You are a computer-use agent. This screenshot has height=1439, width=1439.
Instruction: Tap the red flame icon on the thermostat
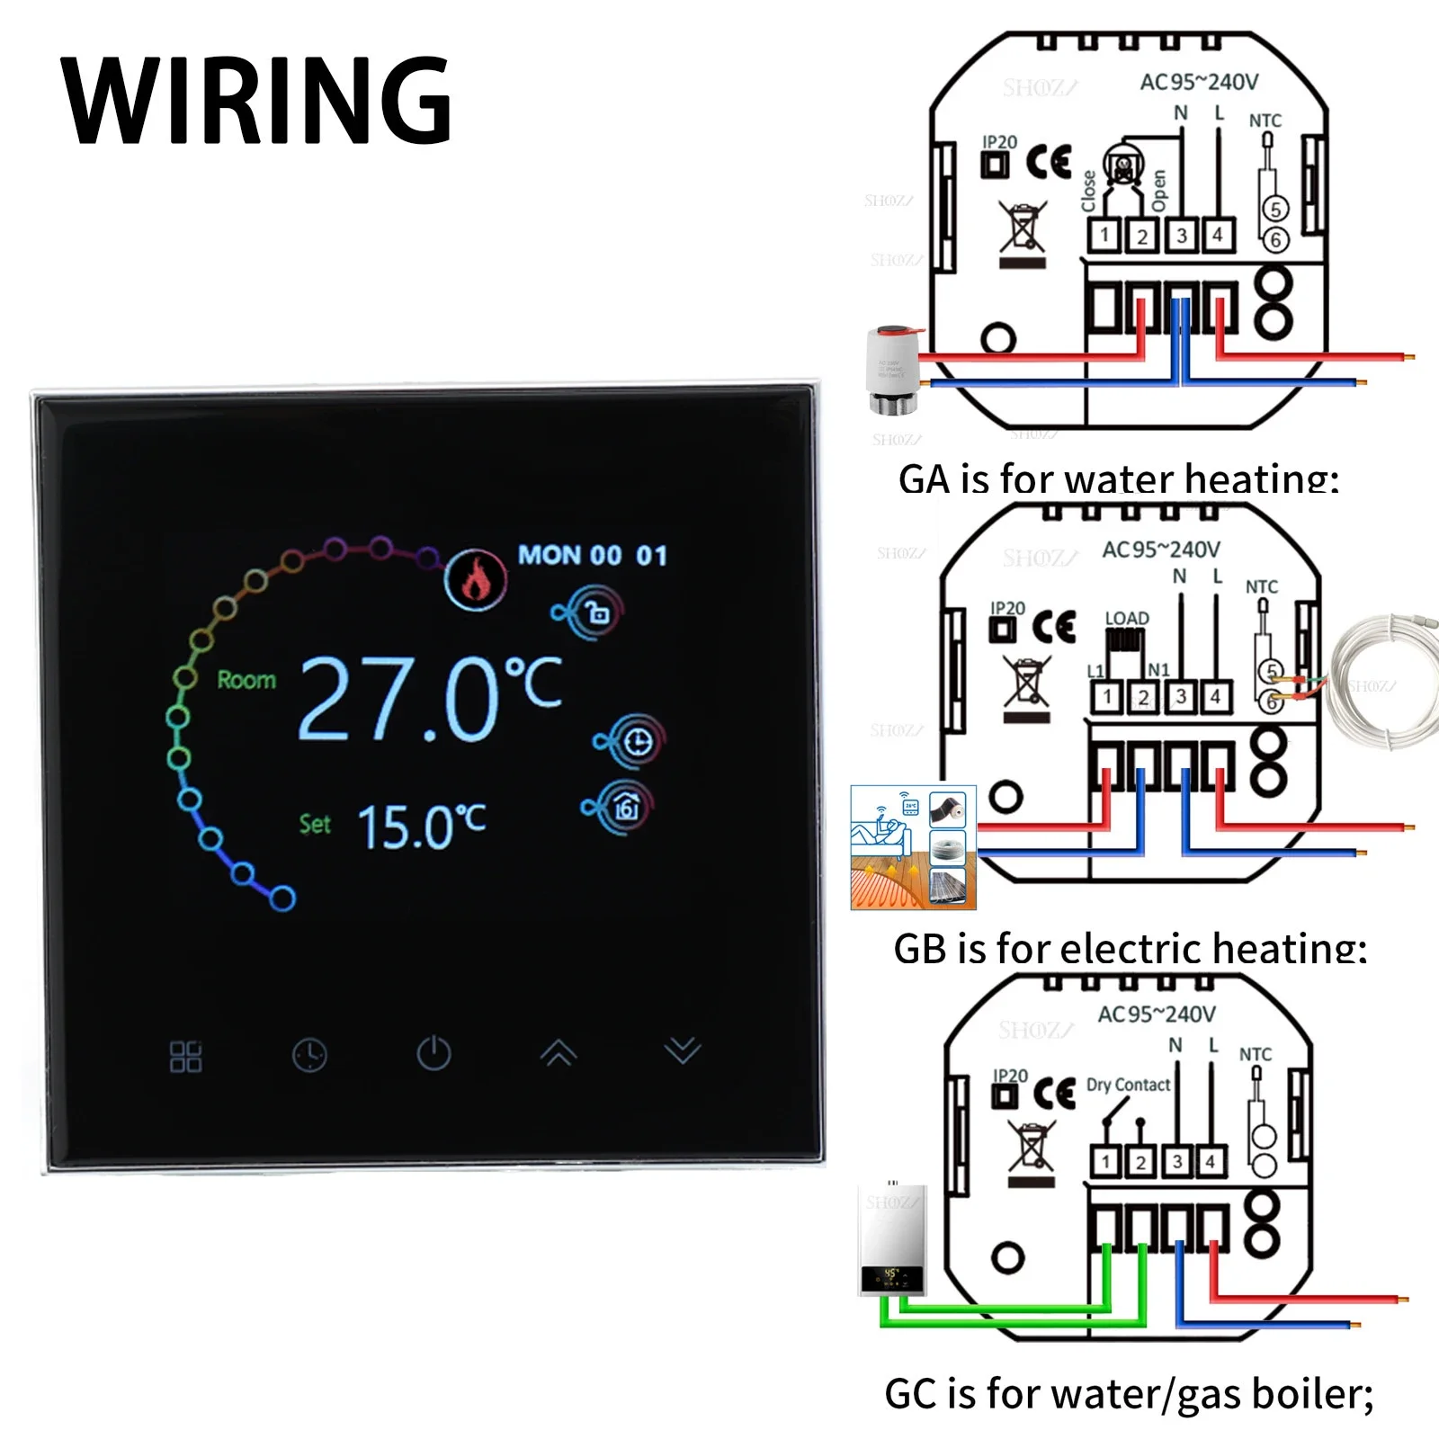[x=476, y=579]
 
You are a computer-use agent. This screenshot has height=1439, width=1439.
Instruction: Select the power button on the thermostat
[x=433, y=1053]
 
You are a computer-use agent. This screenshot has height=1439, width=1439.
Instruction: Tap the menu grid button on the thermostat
[x=185, y=1056]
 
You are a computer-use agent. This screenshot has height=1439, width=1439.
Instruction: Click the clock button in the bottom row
[x=309, y=1055]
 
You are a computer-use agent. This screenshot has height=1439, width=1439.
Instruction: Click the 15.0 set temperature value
[x=421, y=827]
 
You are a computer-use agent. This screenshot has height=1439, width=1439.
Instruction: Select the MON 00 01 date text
[x=593, y=555]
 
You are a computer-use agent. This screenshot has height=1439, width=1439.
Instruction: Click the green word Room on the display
[x=246, y=680]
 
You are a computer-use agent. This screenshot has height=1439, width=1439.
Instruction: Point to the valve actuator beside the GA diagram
[x=892, y=369]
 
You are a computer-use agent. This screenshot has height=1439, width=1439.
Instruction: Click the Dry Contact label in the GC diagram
[x=1128, y=1085]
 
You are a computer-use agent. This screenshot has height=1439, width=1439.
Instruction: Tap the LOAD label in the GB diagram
[x=1127, y=619]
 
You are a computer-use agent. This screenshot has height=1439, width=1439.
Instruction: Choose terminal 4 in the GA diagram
[x=1218, y=236]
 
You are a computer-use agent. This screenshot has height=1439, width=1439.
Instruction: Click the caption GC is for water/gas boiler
[x=1129, y=1393]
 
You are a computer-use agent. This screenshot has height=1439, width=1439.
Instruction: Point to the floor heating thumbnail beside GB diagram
[x=913, y=847]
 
